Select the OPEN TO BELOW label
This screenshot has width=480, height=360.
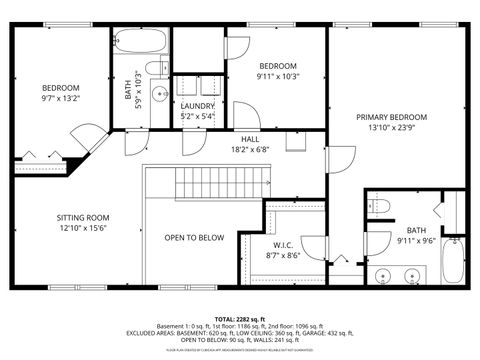tap(194, 237)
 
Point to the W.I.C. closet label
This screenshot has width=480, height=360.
tap(282, 245)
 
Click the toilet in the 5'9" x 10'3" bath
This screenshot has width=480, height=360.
tap(157, 68)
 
